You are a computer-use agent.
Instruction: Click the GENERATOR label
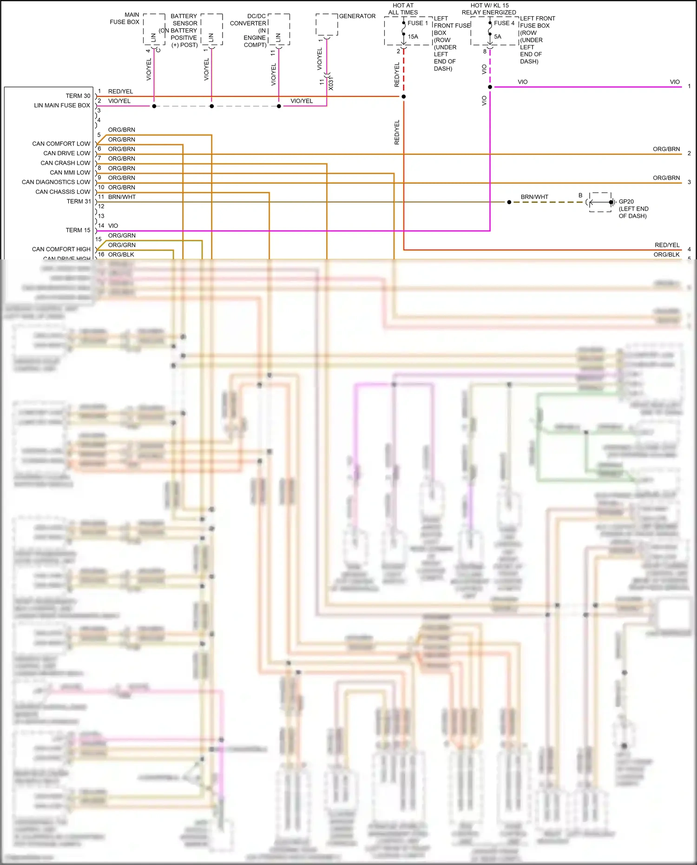point(357,16)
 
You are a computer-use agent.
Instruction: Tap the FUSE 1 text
point(417,23)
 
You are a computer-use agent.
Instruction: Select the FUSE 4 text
point(504,23)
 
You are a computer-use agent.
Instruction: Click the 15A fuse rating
point(413,36)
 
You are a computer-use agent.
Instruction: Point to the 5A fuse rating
point(498,36)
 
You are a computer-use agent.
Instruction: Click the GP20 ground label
point(626,202)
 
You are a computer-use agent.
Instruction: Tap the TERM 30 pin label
point(78,96)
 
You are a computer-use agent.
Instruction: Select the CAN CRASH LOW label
point(65,163)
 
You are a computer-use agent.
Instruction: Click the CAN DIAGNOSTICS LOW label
point(56,182)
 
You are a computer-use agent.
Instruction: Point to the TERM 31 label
point(78,201)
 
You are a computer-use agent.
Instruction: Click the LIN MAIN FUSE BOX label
point(62,106)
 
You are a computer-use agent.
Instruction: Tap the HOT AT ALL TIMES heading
point(403,9)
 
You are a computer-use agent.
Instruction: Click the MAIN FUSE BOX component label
point(125,18)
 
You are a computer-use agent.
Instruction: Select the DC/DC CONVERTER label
point(249,20)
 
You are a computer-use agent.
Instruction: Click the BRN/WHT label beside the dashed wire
point(534,197)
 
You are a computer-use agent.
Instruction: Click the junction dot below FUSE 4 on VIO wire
point(490,87)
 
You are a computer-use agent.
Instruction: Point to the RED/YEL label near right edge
point(667,245)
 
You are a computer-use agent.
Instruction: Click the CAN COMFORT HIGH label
point(61,249)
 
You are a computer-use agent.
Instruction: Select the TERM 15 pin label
point(78,230)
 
